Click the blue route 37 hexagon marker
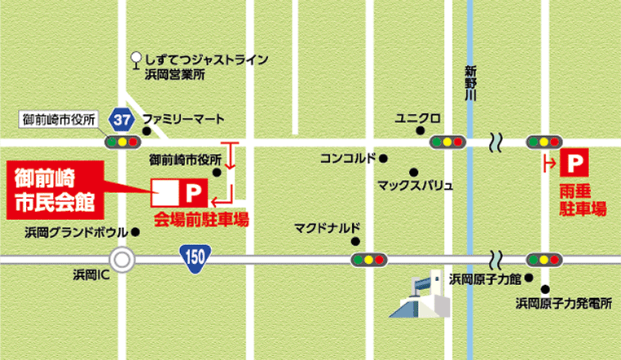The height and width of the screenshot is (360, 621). [123, 119]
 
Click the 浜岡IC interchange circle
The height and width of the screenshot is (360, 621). [122, 260]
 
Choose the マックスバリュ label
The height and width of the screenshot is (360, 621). [414, 185]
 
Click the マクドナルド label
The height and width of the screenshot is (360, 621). [327, 227]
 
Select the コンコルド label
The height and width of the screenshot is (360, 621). [348, 158]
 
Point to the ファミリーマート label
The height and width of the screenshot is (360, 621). [183, 118]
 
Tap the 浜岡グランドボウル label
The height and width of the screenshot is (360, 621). [71, 231]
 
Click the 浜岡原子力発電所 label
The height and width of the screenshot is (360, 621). [563, 304]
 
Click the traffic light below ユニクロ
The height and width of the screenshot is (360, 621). [447, 142]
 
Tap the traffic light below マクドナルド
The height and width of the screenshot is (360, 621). [368, 260]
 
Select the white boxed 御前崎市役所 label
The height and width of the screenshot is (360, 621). [59, 120]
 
